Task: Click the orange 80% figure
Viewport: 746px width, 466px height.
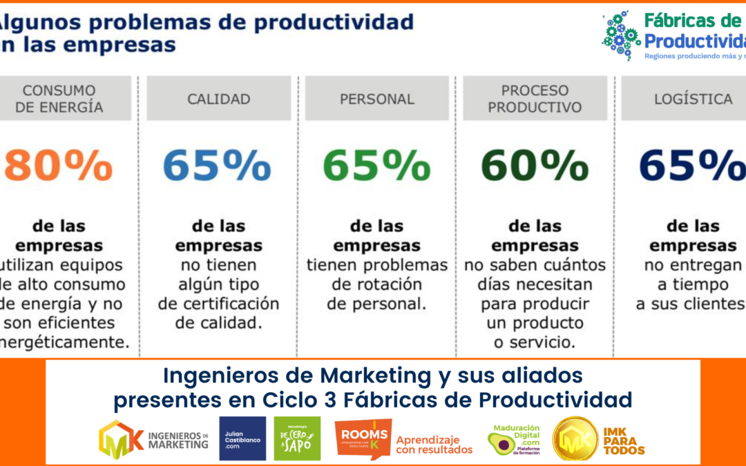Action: click(x=58, y=166)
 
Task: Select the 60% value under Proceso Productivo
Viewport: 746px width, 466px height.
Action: click(x=535, y=166)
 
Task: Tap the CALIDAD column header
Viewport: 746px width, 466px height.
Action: click(x=219, y=99)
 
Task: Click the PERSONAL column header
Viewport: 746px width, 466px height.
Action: click(x=377, y=99)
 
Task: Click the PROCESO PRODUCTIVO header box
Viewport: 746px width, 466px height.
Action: click(x=535, y=99)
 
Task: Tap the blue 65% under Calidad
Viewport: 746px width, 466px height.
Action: click(x=217, y=166)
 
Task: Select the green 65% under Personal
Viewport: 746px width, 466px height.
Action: click(x=376, y=166)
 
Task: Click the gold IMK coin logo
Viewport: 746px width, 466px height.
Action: click(x=575, y=438)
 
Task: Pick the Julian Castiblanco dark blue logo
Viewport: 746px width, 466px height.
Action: click(x=242, y=438)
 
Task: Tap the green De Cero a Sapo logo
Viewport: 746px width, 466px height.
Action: click(x=297, y=438)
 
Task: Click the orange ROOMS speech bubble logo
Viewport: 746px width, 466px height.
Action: click(x=362, y=438)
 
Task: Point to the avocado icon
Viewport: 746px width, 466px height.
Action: click(x=501, y=443)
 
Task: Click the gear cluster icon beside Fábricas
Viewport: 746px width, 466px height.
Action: click(x=620, y=35)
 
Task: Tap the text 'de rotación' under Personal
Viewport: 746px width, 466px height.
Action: click(x=376, y=284)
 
